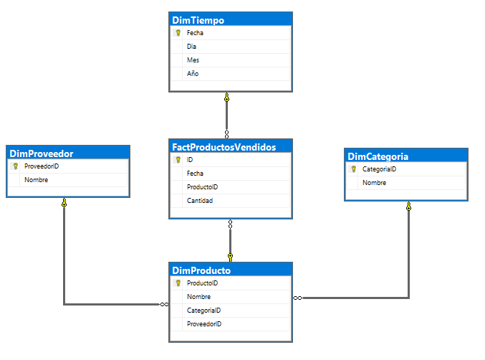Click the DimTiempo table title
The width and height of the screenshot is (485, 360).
[198, 19]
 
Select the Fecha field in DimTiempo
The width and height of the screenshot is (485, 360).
[196, 33]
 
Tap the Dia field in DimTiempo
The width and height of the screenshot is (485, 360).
[191, 47]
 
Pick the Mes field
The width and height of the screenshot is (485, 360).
[193, 60]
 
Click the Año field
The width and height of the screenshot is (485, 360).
[193, 74]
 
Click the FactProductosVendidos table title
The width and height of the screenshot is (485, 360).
[224, 146]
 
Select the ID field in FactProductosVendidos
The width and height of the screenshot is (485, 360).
[190, 160]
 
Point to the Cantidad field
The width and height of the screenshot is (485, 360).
[200, 201]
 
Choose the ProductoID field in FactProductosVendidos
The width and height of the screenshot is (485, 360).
[202, 187]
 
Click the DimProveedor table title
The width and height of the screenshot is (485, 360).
[42, 153]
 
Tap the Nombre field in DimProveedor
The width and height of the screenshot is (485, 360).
[36, 180]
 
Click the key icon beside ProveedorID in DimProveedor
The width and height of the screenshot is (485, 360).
[15, 166]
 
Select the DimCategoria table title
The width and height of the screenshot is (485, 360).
[378, 156]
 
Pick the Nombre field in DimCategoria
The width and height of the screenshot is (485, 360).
[374, 183]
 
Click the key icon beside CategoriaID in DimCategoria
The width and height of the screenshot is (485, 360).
[353, 169]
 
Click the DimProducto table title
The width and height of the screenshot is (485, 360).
[201, 270]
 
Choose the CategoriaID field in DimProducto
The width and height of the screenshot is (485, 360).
[203, 311]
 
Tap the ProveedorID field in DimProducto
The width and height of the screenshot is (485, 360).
[204, 324]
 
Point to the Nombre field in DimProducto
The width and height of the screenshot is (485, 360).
[198, 297]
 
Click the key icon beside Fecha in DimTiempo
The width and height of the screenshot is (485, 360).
[178, 33]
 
